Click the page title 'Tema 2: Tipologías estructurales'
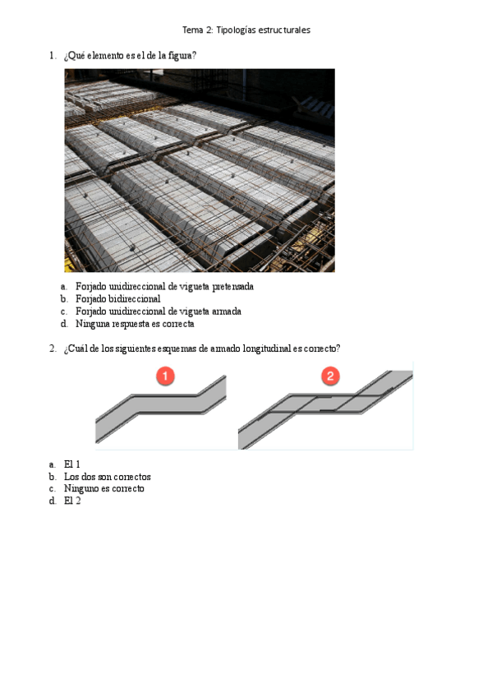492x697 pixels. pos(246,30)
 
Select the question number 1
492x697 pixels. pos(53,56)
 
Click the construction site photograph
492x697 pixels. pos(200,170)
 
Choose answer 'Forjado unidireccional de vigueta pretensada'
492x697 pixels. pos(164,286)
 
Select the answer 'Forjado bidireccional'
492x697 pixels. pos(117,298)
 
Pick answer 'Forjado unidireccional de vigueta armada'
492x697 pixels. pos(158,312)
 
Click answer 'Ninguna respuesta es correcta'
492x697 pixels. pos(135,324)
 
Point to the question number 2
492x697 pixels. pos(53,348)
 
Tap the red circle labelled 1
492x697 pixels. pos(165,376)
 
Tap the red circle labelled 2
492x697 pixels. pos(330,376)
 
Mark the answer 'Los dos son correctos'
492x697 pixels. pos(107,477)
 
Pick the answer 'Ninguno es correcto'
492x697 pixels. pos(104,488)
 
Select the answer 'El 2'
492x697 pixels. pos(72,501)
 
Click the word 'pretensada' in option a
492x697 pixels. pos(232,287)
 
